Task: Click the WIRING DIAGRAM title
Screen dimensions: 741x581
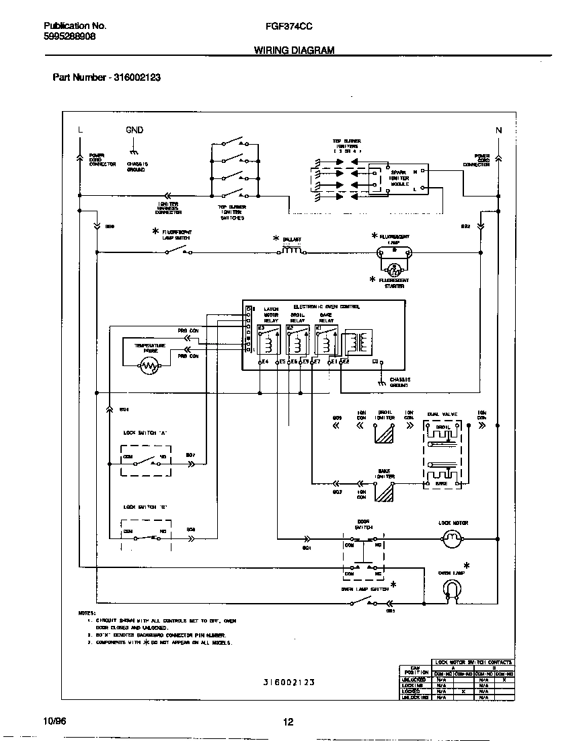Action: point(294,50)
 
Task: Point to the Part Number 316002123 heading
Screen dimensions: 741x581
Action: point(106,77)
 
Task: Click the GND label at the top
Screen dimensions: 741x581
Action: point(134,130)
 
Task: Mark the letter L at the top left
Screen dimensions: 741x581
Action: point(79,130)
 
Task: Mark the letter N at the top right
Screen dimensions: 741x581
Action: point(498,130)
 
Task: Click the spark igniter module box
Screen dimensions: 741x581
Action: point(401,180)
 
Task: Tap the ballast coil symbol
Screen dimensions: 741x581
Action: point(291,250)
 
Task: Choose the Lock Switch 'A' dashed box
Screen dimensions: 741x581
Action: point(146,461)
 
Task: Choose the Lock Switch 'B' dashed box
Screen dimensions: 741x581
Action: point(146,535)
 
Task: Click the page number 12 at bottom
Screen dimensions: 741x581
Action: point(288,722)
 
